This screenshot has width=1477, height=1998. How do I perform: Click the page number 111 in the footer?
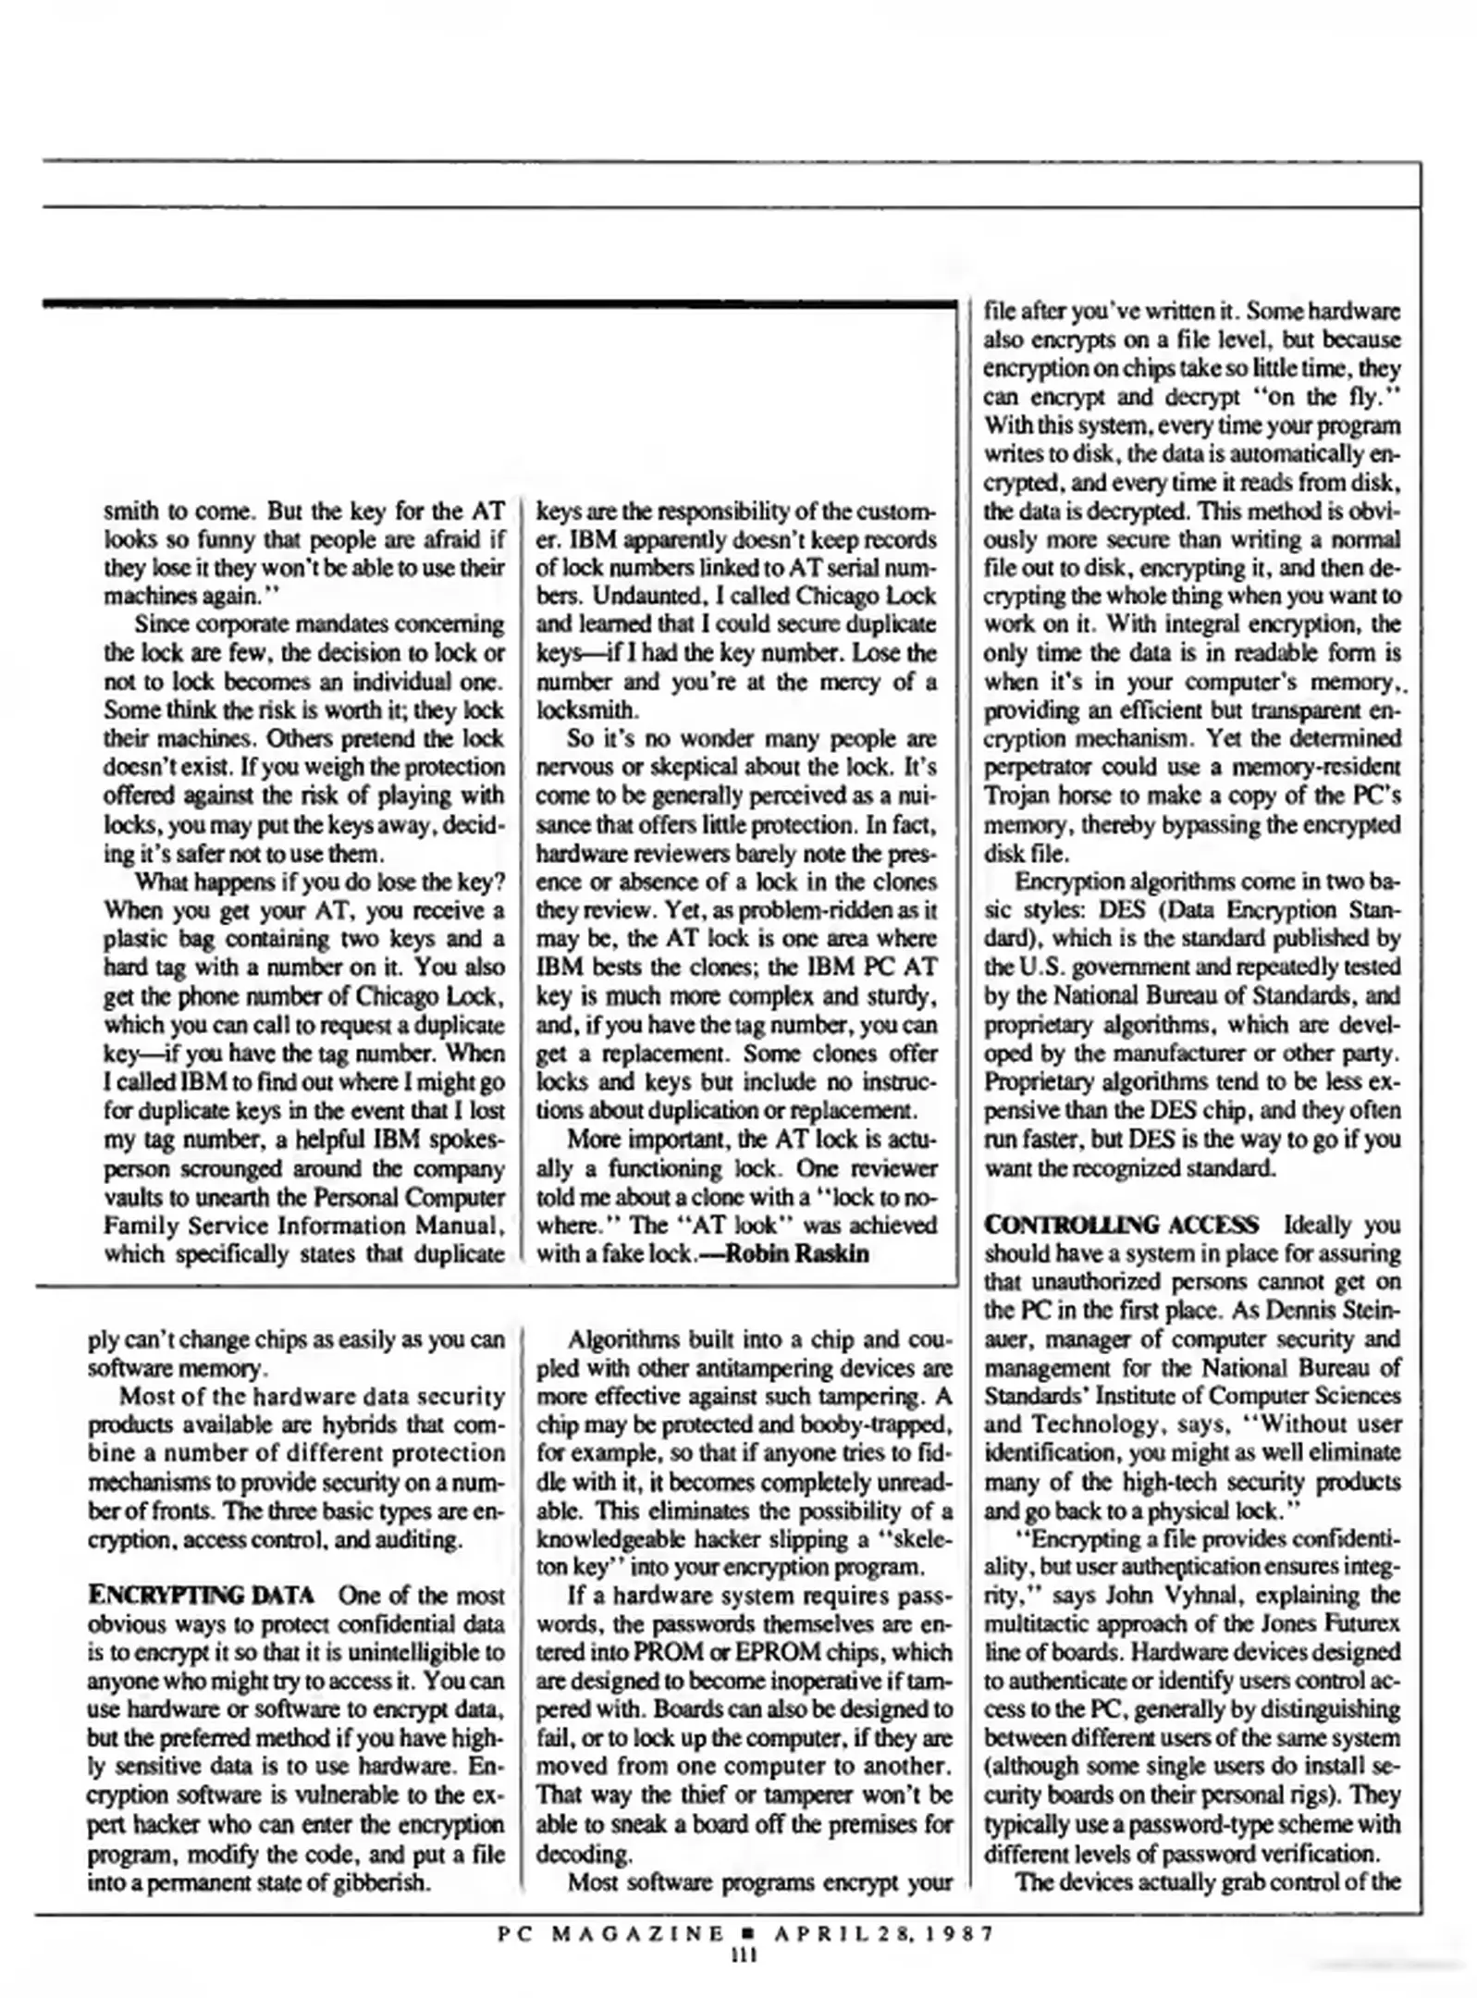(744, 1955)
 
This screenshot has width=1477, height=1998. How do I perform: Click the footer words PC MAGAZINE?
(611, 1933)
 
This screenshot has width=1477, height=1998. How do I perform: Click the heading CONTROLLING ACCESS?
(1121, 1225)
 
